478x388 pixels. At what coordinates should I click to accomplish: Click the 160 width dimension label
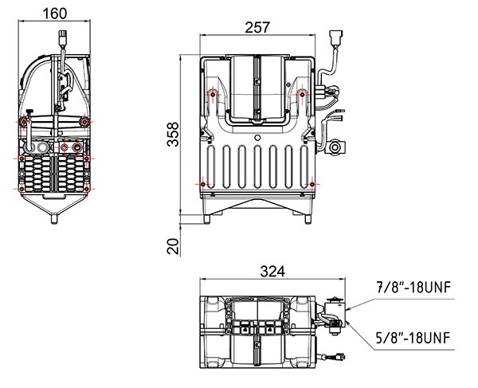click(54, 13)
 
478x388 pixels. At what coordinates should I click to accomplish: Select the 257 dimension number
click(258, 26)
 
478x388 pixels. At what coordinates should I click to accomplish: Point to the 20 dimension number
click(174, 246)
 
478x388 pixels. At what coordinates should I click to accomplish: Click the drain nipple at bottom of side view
click(54, 216)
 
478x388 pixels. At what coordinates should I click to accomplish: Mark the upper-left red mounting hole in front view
click(213, 95)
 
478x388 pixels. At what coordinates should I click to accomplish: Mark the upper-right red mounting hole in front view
click(303, 95)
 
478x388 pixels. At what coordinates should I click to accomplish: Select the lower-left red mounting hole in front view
click(204, 185)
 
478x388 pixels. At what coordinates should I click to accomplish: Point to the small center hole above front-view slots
click(257, 137)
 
